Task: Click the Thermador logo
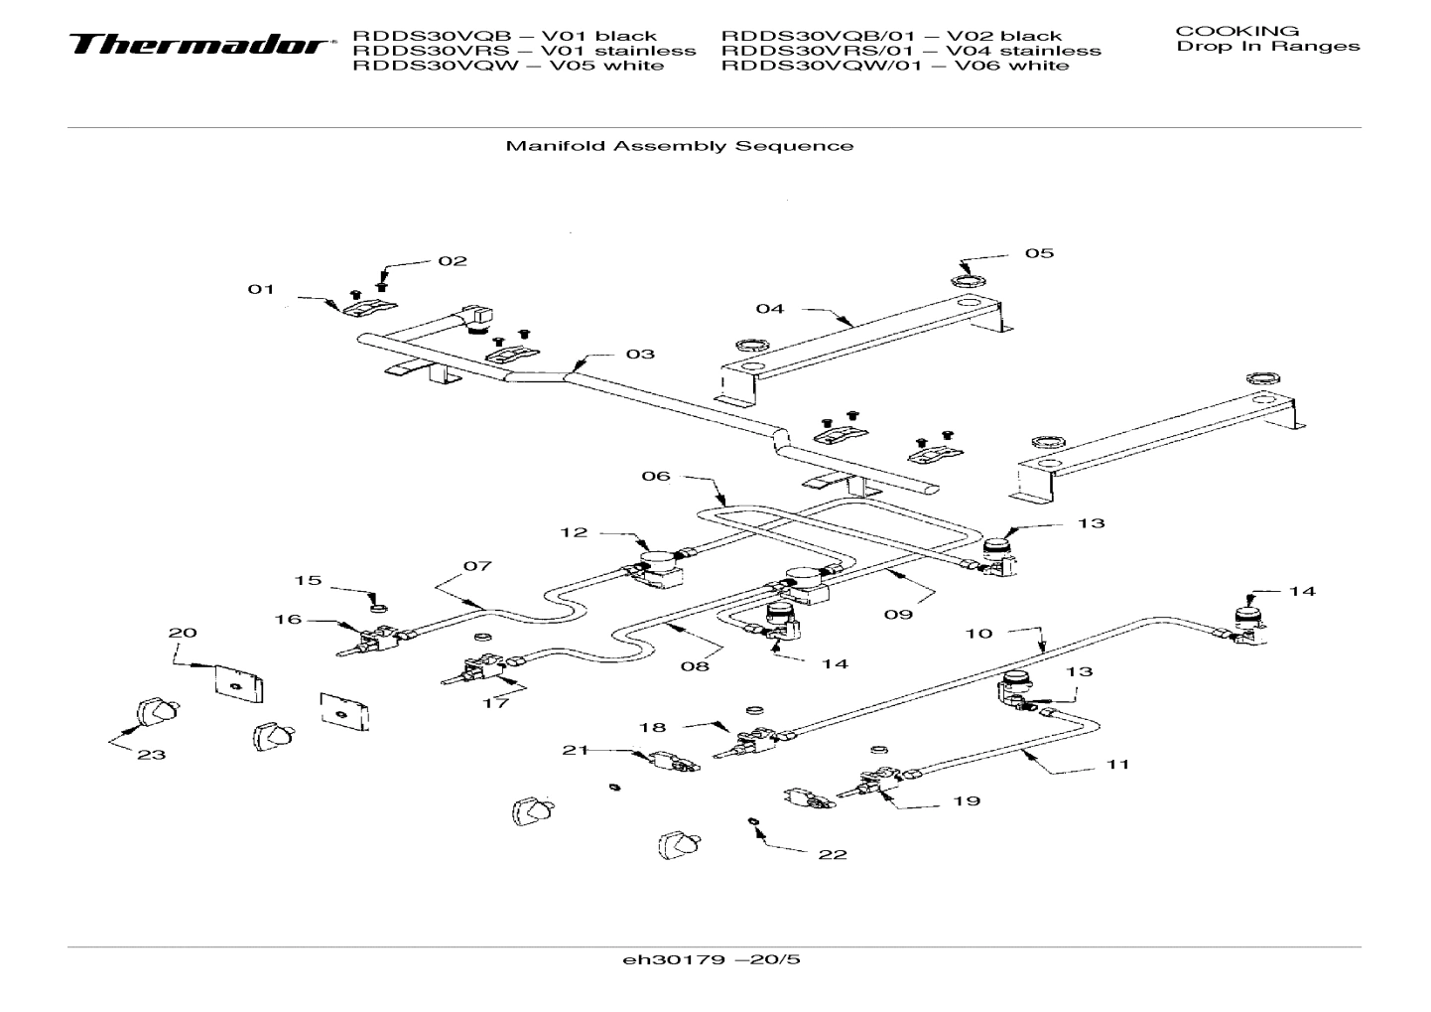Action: (x=198, y=46)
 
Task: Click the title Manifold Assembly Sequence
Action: (x=679, y=146)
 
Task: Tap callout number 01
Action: (x=260, y=289)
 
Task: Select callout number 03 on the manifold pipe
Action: (x=639, y=354)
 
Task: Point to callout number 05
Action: (x=1039, y=253)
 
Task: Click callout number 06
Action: (x=655, y=476)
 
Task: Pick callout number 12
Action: (x=574, y=532)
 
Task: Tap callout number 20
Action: (x=183, y=633)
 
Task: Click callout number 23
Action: (x=151, y=755)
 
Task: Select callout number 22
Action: (x=833, y=854)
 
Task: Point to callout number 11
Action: (x=1117, y=765)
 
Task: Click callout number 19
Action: (x=966, y=800)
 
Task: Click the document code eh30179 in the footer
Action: (x=711, y=959)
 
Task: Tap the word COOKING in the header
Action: (x=1236, y=31)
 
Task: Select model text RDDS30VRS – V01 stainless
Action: (x=524, y=51)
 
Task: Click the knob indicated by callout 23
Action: (x=156, y=711)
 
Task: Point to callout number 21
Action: (x=576, y=750)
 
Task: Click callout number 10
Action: (x=977, y=633)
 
